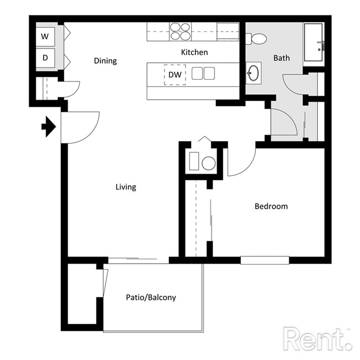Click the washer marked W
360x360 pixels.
[45, 37]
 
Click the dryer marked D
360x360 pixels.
[45, 58]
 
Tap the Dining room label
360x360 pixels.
[105, 61]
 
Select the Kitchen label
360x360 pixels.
[194, 53]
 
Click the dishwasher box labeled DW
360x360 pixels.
[174, 74]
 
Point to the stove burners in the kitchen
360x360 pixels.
[180, 31]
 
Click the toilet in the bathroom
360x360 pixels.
[257, 39]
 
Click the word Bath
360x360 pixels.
[281, 58]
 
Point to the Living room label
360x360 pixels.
[126, 187]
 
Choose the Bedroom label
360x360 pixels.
[271, 207]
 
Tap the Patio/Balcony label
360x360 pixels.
[150, 297]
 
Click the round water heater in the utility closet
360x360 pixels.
[208, 163]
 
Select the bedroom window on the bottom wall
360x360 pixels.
[265, 260]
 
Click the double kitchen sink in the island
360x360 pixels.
[203, 74]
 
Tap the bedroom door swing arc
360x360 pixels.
[243, 161]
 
